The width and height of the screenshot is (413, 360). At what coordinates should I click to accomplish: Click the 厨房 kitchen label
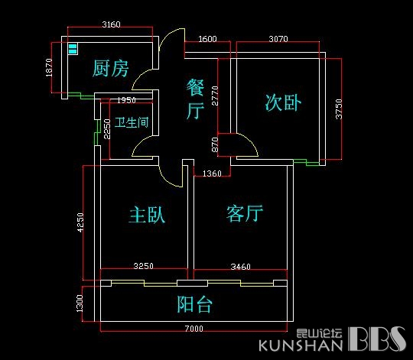(110, 68)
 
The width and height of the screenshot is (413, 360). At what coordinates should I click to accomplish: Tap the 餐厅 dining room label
(195, 99)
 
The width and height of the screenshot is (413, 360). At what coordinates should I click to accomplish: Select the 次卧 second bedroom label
(283, 102)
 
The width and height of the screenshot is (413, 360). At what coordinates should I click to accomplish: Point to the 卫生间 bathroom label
(132, 122)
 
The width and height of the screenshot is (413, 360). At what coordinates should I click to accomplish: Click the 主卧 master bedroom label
(147, 215)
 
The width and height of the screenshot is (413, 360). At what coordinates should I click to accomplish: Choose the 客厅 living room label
(245, 213)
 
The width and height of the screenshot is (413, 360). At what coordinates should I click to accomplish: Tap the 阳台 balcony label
(195, 304)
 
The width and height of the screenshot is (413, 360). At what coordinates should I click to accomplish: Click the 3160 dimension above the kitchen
(111, 24)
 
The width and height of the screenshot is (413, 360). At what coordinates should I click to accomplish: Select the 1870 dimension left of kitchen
(49, 67)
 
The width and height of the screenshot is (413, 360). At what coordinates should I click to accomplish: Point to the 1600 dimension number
(207, 39)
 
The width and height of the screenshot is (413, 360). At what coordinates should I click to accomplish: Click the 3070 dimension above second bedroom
(278, 39)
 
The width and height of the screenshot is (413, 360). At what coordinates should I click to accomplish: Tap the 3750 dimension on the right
(339, 109)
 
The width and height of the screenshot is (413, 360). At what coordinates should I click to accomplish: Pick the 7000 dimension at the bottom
(193, 329)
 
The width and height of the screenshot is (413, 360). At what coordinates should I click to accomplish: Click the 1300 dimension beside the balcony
(80, 303)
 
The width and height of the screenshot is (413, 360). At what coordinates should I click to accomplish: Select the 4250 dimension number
(80, 222)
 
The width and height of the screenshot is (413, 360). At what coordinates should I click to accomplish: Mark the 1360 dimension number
(212, 174)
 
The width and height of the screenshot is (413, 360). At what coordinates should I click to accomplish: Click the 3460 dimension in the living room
(240, 267)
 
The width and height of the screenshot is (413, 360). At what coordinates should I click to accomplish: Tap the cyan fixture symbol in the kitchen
(73, 49)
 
